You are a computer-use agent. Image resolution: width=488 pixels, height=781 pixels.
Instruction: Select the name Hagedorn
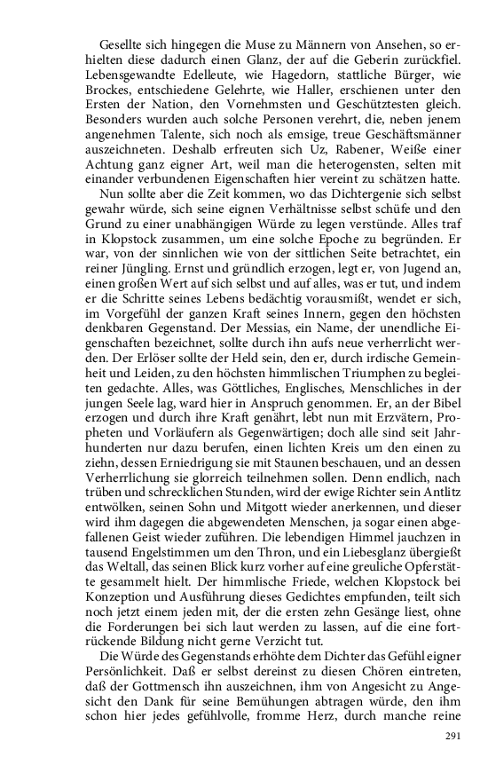267,70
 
